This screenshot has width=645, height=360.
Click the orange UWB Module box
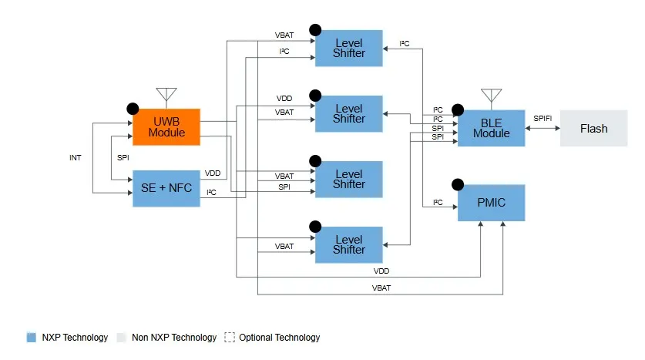click(166, 126)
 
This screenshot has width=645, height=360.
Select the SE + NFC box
click(166, 188)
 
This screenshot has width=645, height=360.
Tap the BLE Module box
click(492, 128)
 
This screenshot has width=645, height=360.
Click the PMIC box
click(492, 204)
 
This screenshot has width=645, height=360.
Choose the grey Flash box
click(593, 129)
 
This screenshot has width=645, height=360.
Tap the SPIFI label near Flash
click(543, 117)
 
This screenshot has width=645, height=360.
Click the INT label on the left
click(76, 158)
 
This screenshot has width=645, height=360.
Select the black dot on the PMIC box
click(458, 185)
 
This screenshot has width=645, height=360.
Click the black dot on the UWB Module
click(133, 109)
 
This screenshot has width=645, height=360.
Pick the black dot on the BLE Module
click(458, 109)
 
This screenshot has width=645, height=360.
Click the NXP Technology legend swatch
click(32, 338)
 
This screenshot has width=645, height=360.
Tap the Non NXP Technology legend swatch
click(121, 338)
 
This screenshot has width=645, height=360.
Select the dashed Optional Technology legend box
click(229, 338)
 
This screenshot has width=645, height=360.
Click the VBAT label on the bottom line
click(381, 288)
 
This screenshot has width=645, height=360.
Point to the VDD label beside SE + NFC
click(213, 173)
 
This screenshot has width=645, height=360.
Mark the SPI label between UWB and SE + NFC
click(123, 158)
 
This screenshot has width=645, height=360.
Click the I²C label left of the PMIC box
click(438, 203)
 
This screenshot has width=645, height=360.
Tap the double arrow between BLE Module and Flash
click(543, 129)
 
